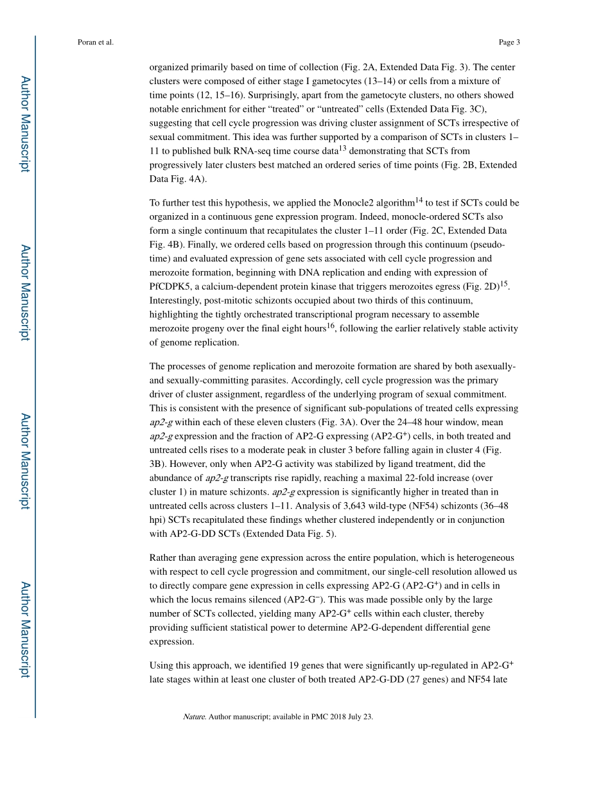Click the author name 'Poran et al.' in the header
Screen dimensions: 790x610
[95, 42]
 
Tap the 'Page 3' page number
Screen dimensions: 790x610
[509, 42]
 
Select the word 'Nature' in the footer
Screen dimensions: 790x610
[194, 717]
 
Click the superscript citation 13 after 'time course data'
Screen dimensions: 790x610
[343, 148]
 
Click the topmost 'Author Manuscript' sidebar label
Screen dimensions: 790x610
[24, 123]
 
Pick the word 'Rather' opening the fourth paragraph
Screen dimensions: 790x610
[163, 557]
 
